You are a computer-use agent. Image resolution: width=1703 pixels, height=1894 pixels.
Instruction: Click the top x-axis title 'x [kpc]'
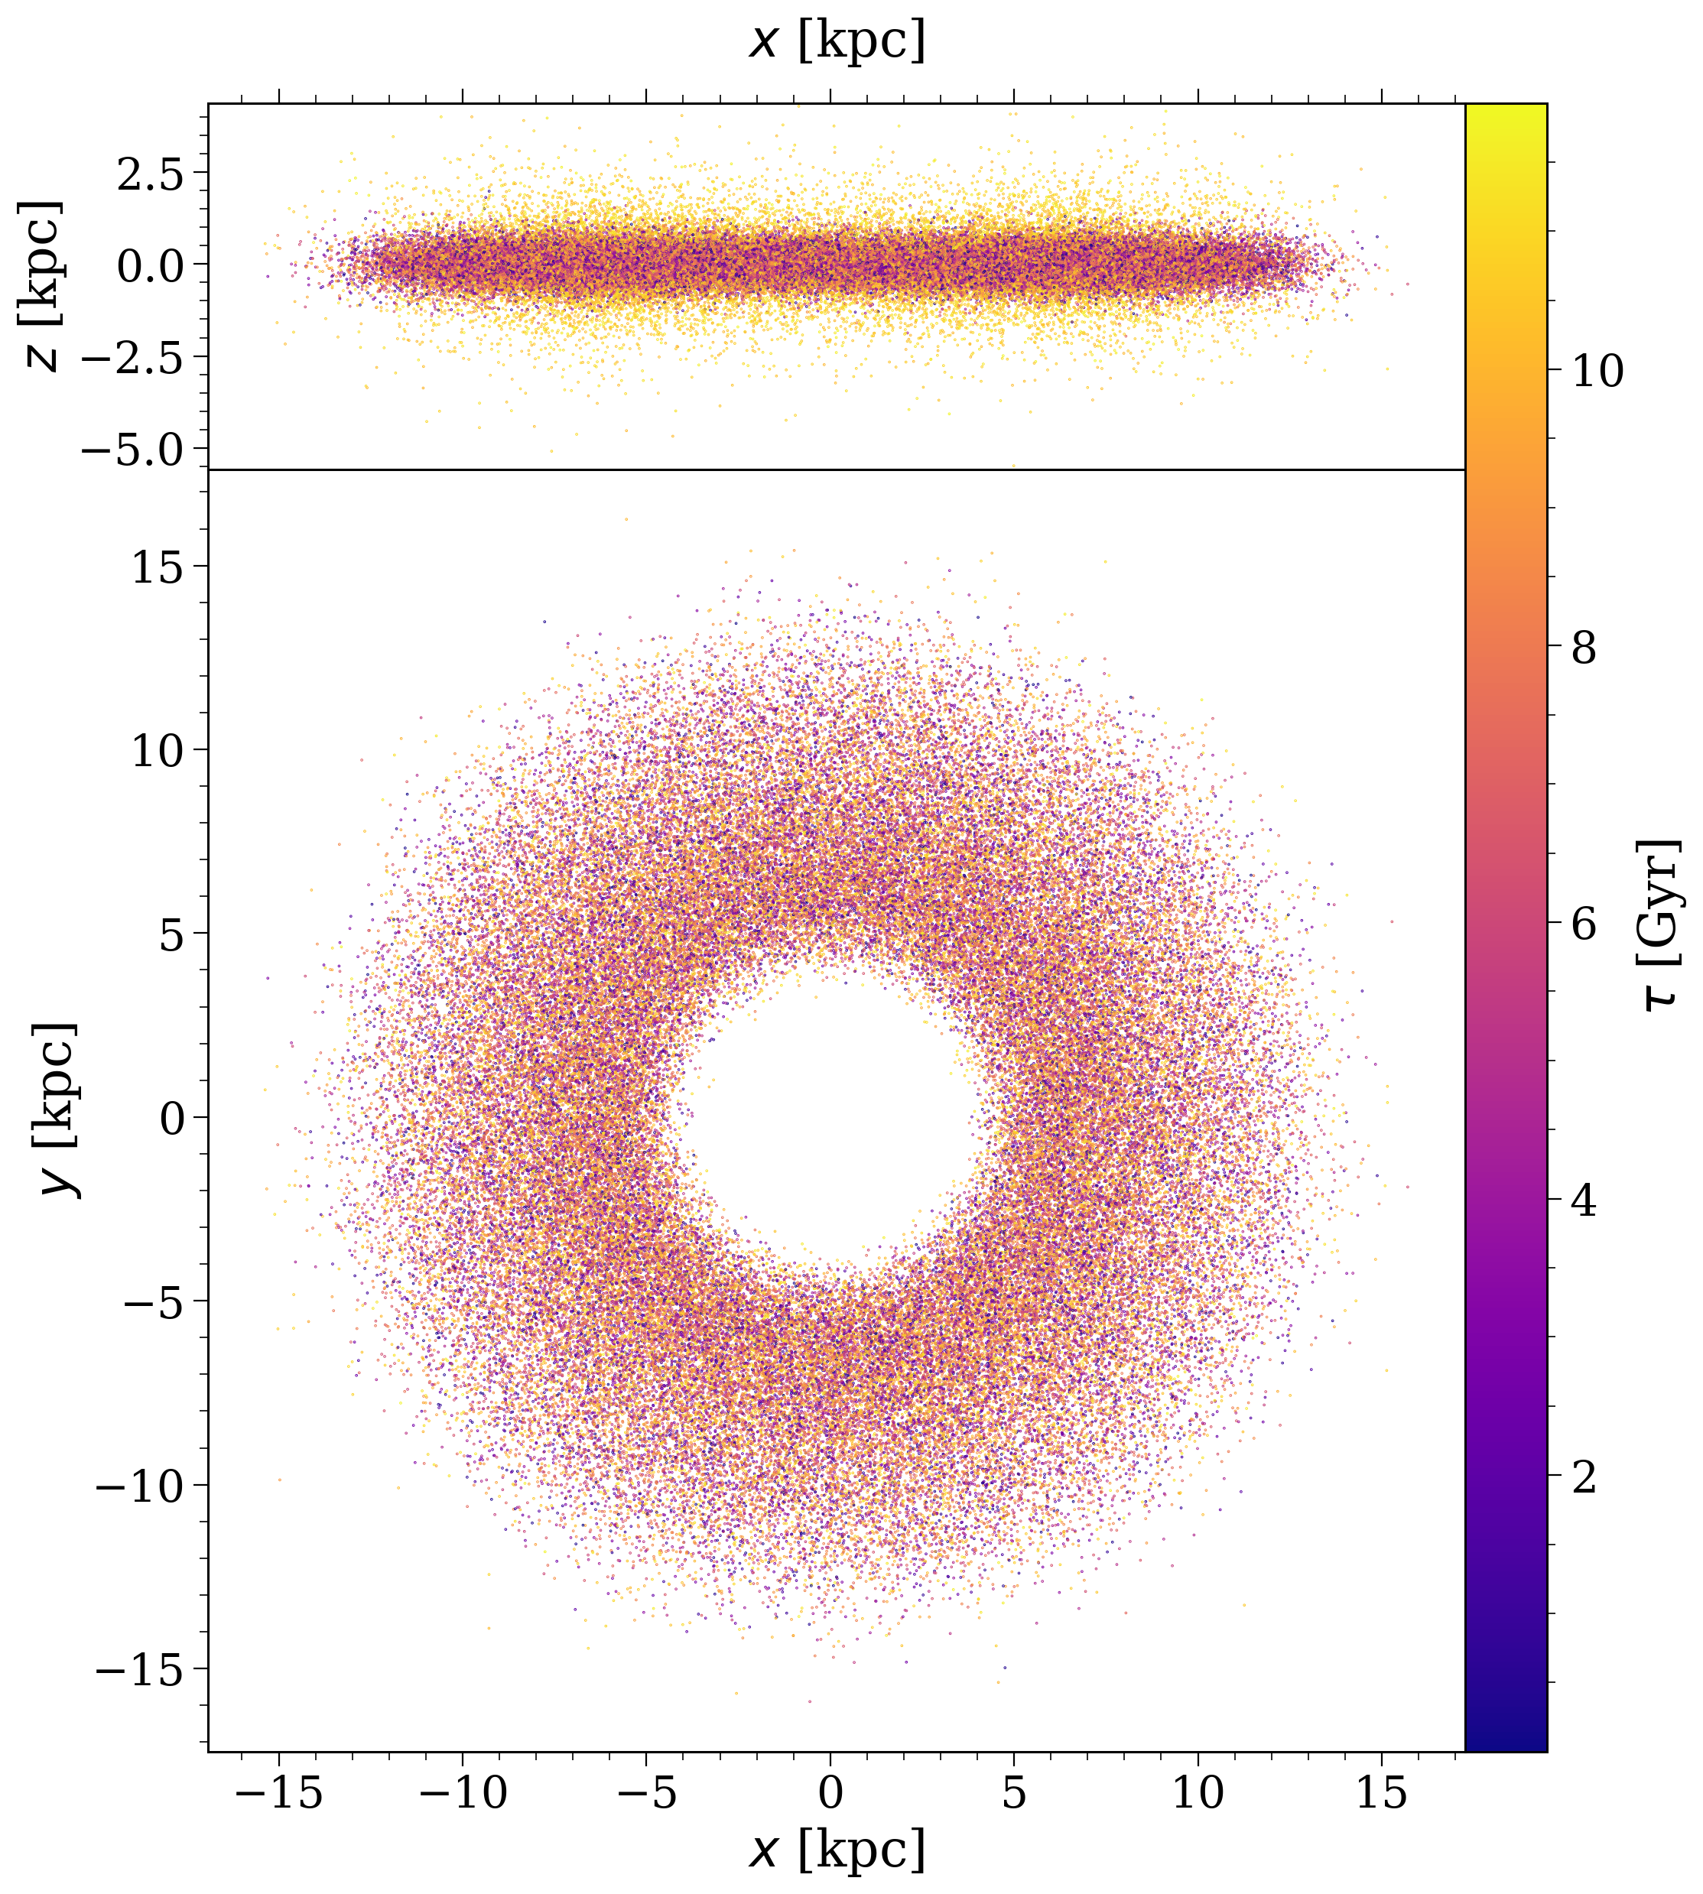click(837, 42)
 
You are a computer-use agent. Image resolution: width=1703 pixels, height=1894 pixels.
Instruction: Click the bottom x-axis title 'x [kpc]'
click(837, 1849)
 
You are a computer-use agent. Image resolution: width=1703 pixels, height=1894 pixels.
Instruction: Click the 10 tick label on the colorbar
click(1597, 372)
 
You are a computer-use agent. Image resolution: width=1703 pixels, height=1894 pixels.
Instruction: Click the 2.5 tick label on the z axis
click(150, 173)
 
